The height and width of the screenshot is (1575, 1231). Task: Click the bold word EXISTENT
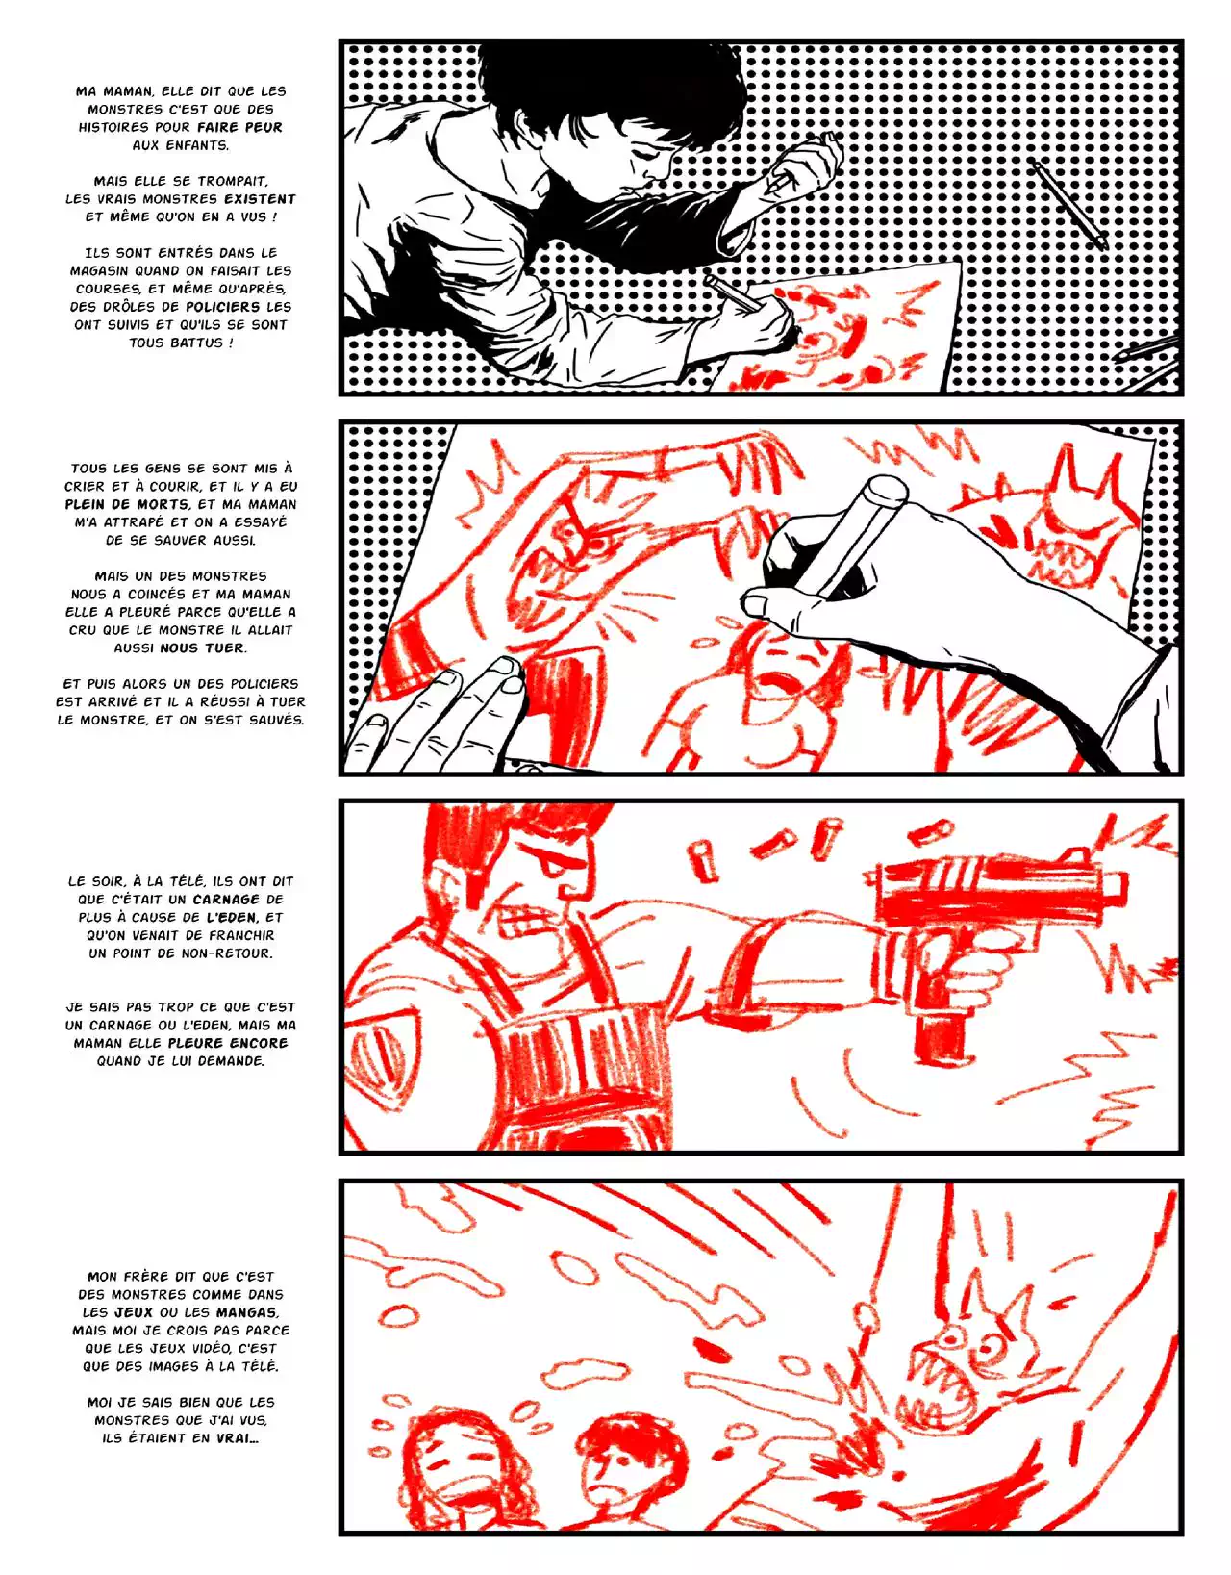pos(260,198)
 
